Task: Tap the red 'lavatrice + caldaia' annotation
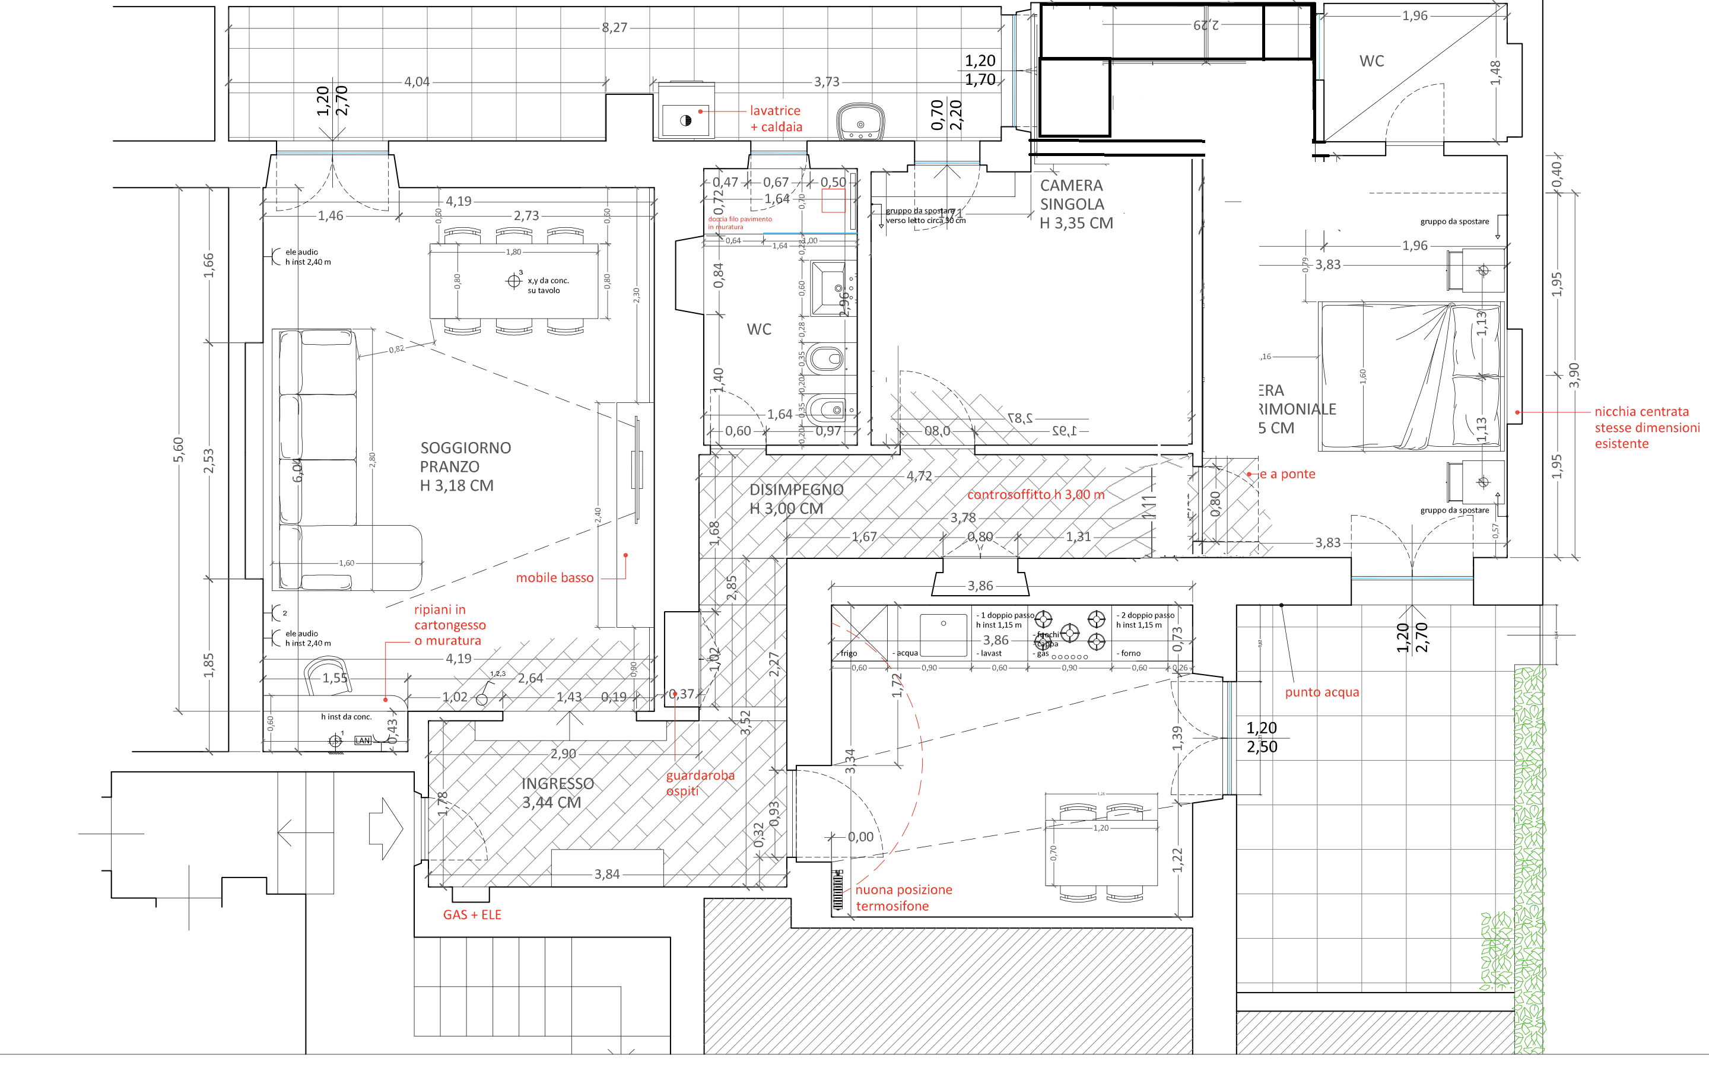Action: point(776,119)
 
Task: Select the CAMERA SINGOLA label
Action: point(1075,204)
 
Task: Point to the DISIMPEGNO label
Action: point(796,498)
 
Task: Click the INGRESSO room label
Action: point(557,793)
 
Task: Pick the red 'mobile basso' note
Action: point(554,578)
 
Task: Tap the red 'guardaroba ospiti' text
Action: point(700,783)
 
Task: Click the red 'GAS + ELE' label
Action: point(472,915)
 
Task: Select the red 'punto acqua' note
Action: point(1322,692)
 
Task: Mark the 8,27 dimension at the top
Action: point(614,27)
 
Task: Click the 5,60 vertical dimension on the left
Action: point(178,449)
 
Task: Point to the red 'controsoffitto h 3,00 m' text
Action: point(1035,494)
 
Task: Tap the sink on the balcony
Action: point(860,122)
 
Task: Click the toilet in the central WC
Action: point(826,359)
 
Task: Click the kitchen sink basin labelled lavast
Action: point(943,634)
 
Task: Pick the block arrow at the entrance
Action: point(386,828)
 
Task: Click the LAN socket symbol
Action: point(363,740)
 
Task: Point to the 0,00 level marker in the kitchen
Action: point(860,837)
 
